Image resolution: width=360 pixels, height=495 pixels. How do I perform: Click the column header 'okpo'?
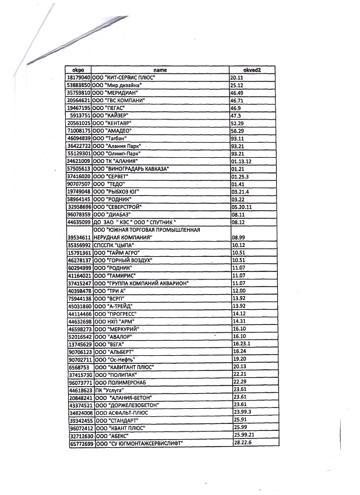point(79,70)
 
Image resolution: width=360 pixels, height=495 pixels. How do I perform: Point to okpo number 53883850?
point(79,85)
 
